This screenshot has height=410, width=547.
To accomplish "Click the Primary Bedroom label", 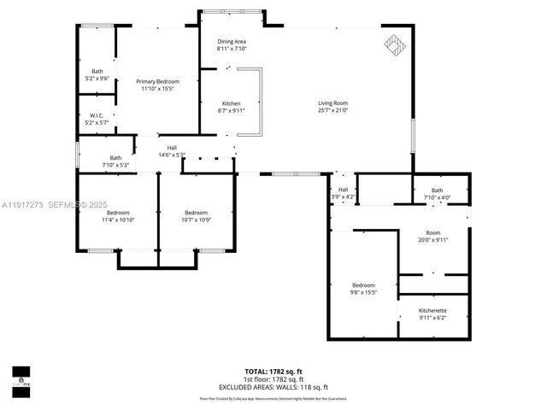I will tap(156, 85).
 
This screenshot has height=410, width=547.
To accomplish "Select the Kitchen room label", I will tap(231, 107).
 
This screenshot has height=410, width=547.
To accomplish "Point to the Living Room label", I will tap(333, 107).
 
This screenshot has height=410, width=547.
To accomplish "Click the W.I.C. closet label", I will tap(96, 119).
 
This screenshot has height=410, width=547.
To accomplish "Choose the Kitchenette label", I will tap(432, 313).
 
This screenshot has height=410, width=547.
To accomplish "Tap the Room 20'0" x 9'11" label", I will tap(432, 236).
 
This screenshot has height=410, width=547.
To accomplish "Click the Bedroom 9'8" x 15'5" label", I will tap(363, 289).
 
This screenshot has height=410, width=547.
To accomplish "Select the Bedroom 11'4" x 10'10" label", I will tap(118, 215).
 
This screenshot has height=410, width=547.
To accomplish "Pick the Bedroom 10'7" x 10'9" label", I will tap(197, 215).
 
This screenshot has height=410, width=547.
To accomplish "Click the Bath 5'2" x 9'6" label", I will tap(97, 74).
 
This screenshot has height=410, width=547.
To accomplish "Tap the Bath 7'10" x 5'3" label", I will tap(115, 161).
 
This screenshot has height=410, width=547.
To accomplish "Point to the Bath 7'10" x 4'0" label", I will tap(437, 194).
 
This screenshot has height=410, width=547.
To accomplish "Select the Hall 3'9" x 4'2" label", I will tap(343, 193).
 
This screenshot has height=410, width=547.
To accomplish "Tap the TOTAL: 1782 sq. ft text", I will tap(273, 372).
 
